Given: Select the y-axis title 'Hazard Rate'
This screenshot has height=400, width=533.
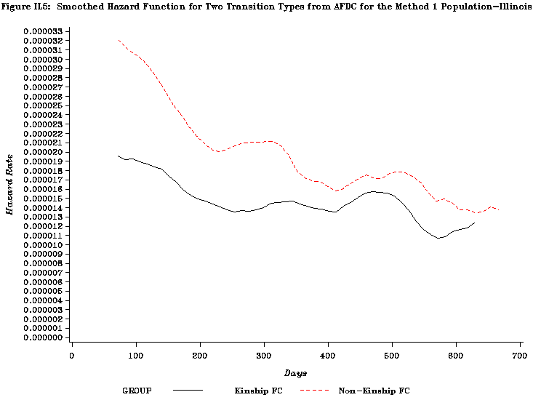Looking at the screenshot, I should click(10, 183).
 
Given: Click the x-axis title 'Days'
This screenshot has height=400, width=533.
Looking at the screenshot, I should click(295, 373).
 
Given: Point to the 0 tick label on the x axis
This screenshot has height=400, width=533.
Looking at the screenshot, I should click(72, 355).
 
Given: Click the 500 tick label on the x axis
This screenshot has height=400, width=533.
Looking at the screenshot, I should click(392, 355).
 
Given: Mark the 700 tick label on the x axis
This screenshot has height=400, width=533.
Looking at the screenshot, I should click(520, 355).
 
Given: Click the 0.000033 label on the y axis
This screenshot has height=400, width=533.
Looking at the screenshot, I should click(42, 31).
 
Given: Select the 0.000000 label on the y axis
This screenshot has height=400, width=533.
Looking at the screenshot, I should click(42, 337).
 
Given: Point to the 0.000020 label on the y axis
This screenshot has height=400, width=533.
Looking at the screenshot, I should click(42, 152).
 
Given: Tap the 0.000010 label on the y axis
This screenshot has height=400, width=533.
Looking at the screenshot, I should click(42, 245).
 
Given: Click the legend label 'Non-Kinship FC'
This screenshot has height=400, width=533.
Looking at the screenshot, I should click(374, 391).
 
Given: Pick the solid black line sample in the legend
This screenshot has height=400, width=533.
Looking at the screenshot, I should click(188, 391).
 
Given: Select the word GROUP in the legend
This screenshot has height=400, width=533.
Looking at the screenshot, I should click(137, 391).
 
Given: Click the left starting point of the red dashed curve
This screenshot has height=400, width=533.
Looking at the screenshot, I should click(118, 40).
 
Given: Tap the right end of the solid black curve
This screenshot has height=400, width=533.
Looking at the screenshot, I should click(475, 223).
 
